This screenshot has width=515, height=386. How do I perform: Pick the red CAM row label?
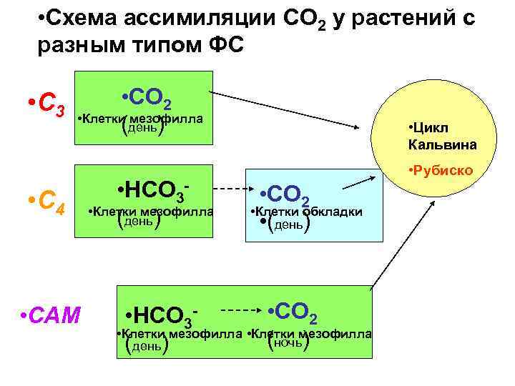pyautogui.click(x=51, y=314)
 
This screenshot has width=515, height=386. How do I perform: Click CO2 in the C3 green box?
pyautogui.click(x=146, y=97)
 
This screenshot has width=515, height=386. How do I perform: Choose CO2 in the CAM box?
pyautogui.click(x=293, y=312)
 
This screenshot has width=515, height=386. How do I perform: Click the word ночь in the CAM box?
pyautogui.click(x=287, y=344)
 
